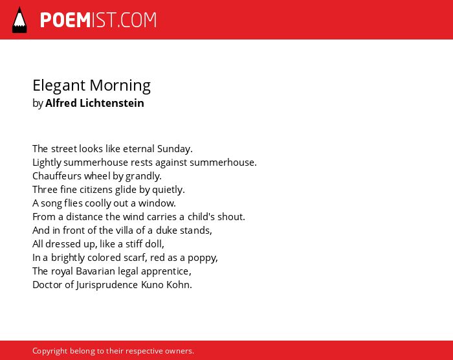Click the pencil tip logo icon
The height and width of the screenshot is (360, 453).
pos(19,19)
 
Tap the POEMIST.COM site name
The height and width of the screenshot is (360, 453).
pos(98,20)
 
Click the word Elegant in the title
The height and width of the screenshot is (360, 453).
pos(59,86)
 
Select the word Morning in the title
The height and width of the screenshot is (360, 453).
pos(120,86)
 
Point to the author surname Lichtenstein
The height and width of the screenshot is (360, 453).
pos(112,103)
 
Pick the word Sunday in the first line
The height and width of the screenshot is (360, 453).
pos(175,149)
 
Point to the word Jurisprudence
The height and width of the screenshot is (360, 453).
pos(107,285)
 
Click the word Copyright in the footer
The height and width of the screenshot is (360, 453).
pos(50,351)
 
